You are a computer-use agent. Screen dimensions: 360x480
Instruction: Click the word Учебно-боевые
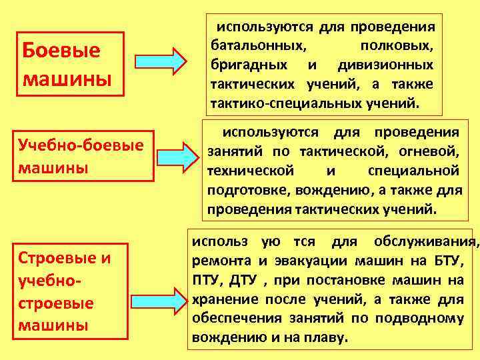(83, 145)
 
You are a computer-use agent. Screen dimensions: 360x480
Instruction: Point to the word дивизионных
(385, 65)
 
